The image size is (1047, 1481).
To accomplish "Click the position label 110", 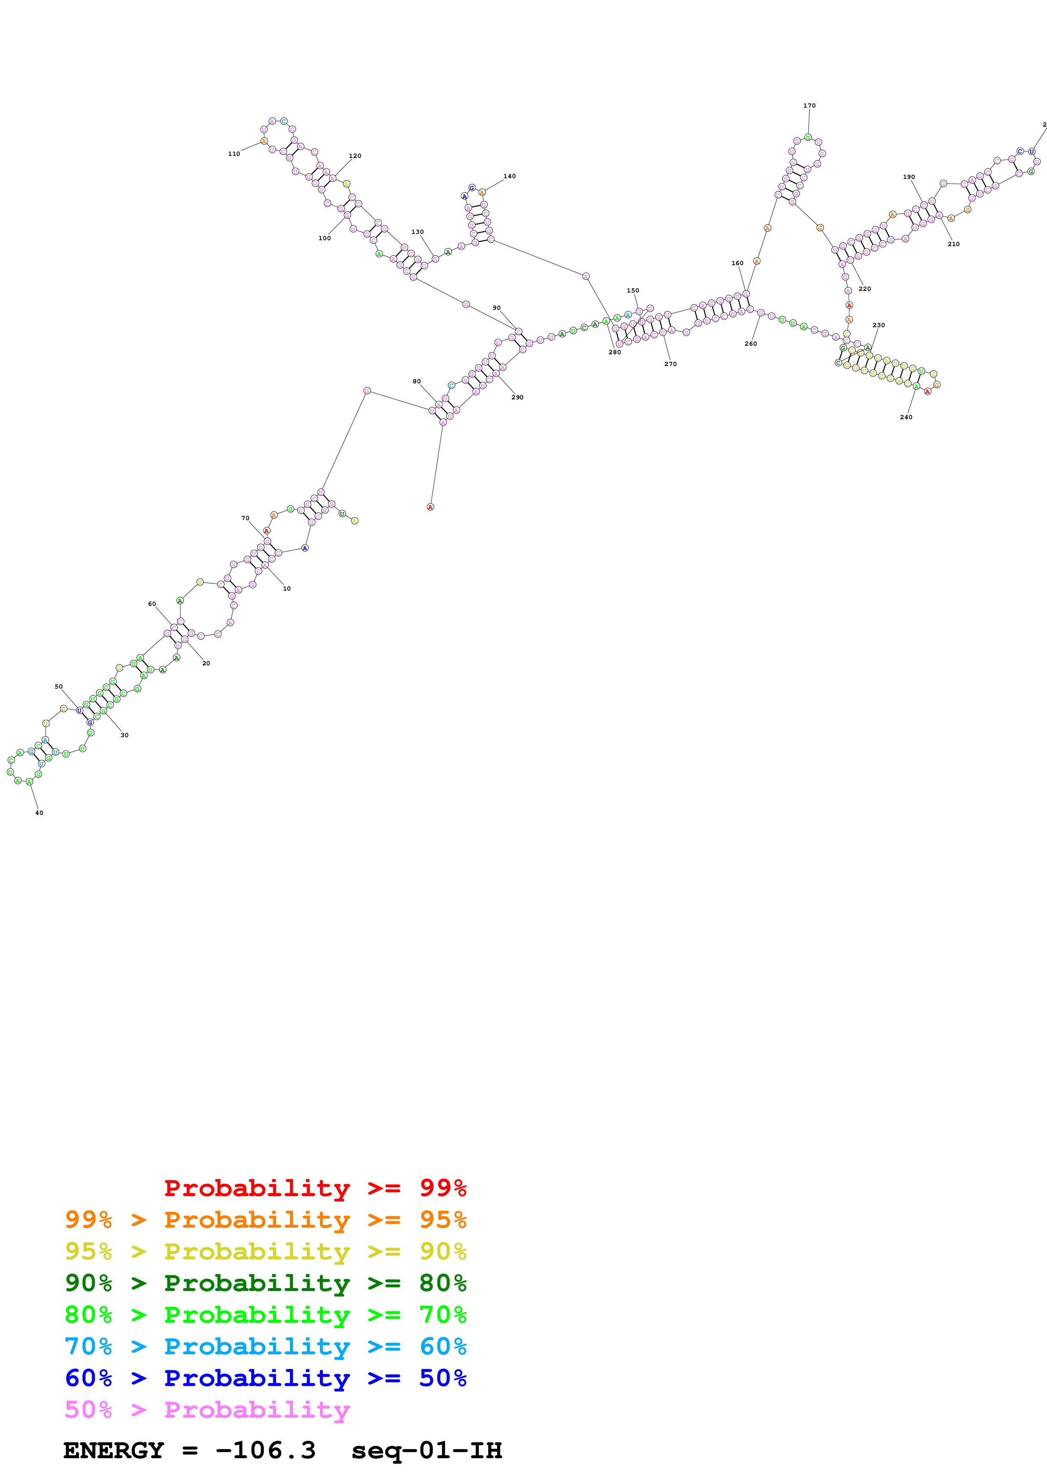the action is tap(234, 154).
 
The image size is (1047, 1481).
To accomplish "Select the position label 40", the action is tap(39, 813).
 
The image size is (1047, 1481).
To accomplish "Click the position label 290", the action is tap(517, 397).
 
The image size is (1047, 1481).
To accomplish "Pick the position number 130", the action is tap(417, 232).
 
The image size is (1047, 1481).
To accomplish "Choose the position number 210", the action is tap(954, 244).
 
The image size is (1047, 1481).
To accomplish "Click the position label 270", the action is tap(670, 364).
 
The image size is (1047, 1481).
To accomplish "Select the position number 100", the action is tap(324, 239).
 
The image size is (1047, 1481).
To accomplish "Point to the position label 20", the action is tap(206, 663).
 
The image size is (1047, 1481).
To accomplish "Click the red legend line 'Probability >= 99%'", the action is tap(315, 1188).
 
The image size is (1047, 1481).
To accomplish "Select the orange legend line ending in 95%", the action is tap(265, 1219).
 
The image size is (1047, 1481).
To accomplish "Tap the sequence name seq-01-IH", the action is tap(427, 1450).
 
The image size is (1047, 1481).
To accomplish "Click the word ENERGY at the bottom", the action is tap(114, 1450).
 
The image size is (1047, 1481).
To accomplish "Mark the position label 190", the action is tap(908, 177).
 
